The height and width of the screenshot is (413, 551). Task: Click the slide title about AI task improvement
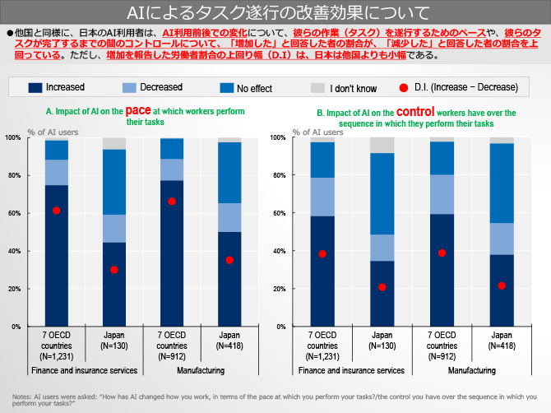tap(275, 12)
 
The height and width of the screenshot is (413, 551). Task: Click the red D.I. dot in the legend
tap(404, 87)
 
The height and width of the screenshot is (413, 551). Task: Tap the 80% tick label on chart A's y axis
tap(14, 175)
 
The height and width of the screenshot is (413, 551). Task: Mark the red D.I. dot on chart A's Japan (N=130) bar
tap(114, 270)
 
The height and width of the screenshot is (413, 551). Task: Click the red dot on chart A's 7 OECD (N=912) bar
tap(172, 202)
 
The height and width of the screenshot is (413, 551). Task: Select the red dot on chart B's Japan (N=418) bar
tap(502, 285)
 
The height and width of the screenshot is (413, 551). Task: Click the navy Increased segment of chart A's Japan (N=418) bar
tap(229, 280)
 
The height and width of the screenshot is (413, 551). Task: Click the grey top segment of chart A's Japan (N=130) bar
tap(114, 143)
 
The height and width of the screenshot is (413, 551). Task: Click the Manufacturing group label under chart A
tap(201, 371)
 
